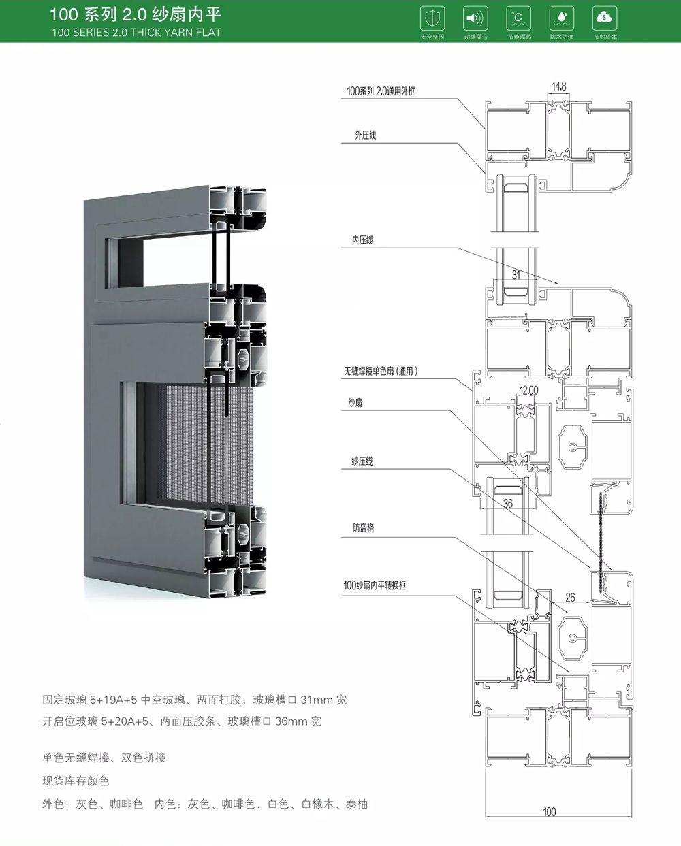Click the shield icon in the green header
click(x=432, y=18)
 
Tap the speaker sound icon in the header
click(x=475, y=18)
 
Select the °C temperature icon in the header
click(x=518, y=18)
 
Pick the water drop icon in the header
click(x=561, y=18)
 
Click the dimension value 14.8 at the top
click(x=558, y=86)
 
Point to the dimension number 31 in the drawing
click(x=516, y=275)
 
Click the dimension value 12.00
click(x=528, y=390)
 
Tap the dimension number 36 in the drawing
click(x=508, y=504)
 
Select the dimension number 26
click(x=570, y=598)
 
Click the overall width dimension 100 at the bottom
click(x=550, y=811)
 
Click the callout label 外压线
click(x=365, y=135)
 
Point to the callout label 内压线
click(x=362, y=240)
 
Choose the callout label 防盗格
click(x=363, y=527)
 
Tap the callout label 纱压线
click(x=362, y=461)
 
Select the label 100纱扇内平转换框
click(x=375, y=585)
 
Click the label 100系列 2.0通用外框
click(x=381, y=91)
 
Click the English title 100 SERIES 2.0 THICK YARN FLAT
click(x=136, y=32)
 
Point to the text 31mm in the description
click(x=317, y=700)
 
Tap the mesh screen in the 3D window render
click(x=184, y=442)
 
